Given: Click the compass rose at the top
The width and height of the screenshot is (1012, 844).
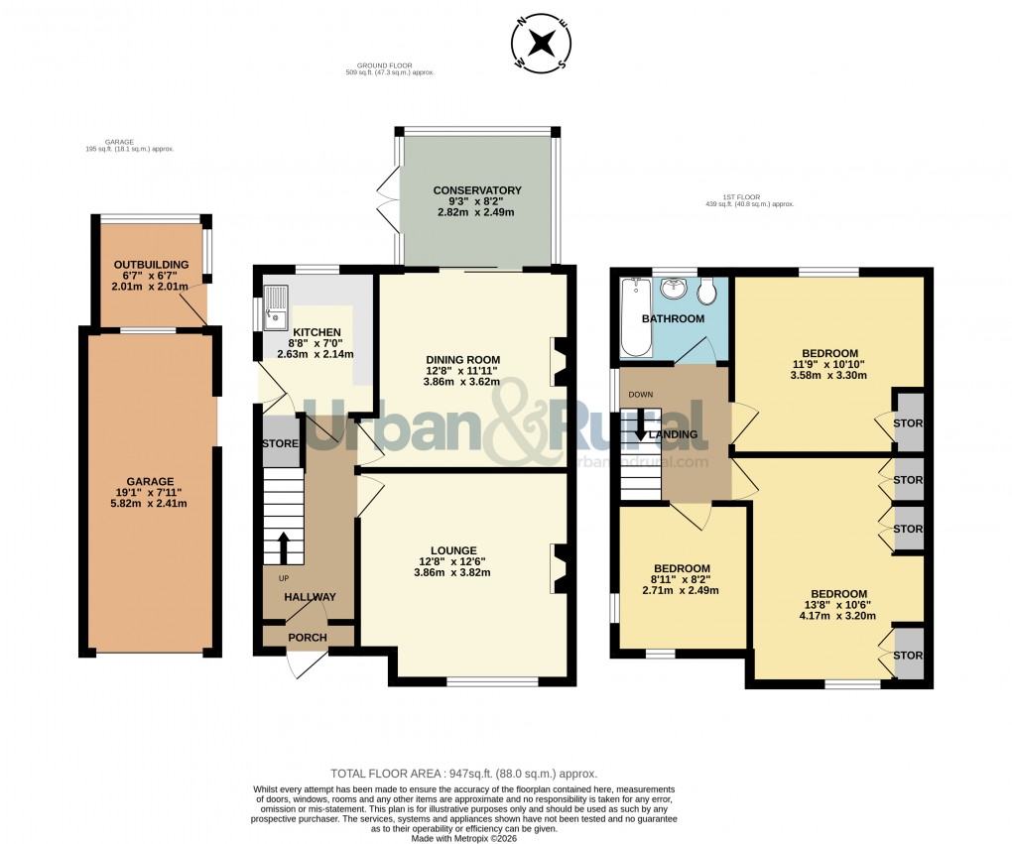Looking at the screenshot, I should click(x=542, y=43).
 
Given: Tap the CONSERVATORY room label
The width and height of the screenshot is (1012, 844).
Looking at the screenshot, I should click(x=477, y=190).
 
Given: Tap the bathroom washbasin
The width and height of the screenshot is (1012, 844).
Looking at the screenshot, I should click(x=675, y=289).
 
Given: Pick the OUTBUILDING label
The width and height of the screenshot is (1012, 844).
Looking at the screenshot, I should click(x=151, y=265).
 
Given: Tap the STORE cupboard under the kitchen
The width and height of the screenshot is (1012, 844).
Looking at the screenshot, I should click(x=280, y=443).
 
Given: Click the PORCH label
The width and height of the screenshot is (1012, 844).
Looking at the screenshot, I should click(x=307, y=637).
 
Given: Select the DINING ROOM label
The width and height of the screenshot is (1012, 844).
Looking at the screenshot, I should click(x=462, y=360).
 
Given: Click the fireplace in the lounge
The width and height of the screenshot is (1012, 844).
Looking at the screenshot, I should click(x=559, y=569).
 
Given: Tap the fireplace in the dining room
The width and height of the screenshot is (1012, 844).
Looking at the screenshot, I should click(x=559, y=361).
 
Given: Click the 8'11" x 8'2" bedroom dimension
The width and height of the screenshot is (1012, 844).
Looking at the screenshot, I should click(x=682, y=579).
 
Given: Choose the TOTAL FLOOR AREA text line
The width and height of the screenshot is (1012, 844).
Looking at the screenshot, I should click(x=463, y=773).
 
